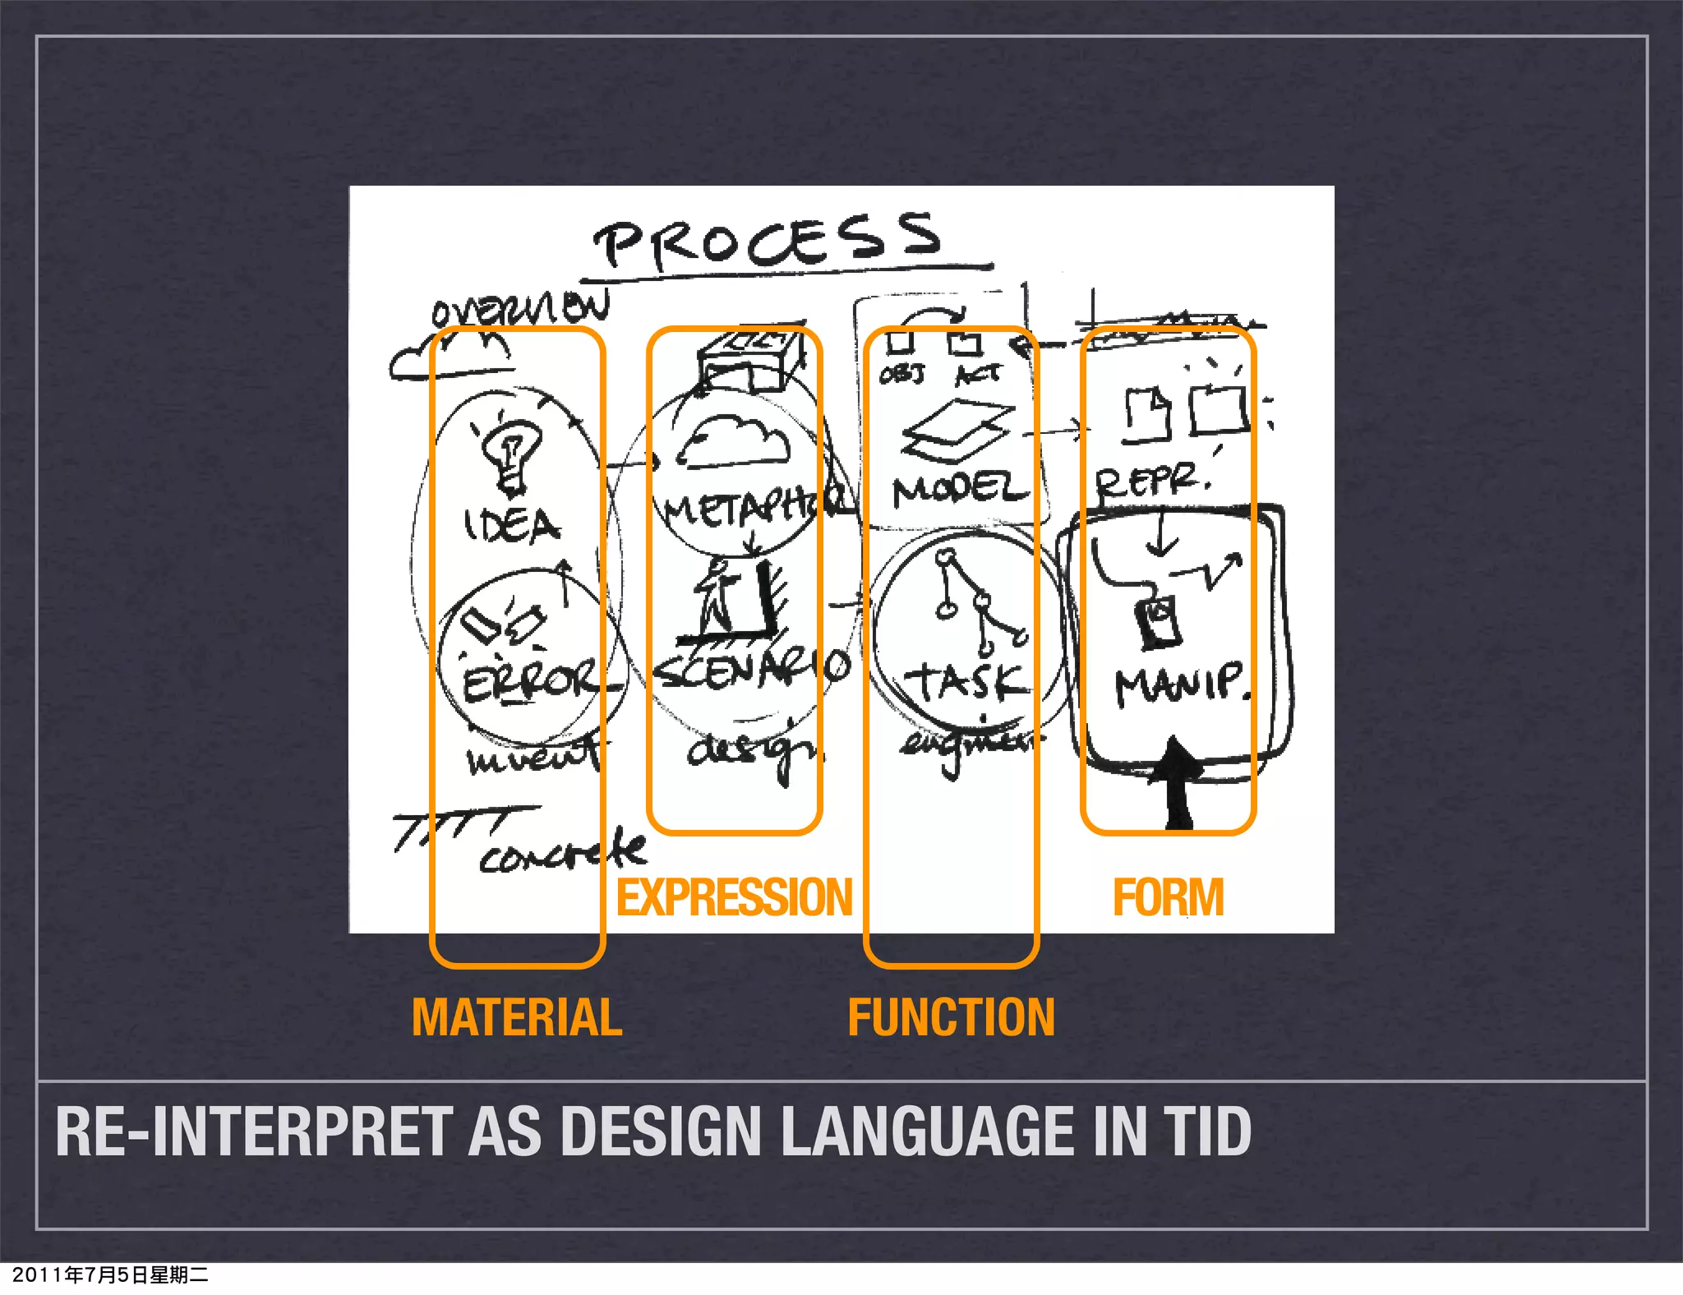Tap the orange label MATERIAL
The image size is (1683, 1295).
point(517,1017)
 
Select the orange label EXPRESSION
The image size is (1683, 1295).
point(735,897)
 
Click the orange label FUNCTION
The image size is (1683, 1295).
point(951,1017)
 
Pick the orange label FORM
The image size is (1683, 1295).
point(1168,897)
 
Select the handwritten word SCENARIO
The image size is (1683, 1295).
point(752,671)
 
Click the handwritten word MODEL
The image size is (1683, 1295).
point(960,490)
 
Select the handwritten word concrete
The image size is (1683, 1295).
point(564,853)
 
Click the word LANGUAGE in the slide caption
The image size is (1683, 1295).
point(927,1131)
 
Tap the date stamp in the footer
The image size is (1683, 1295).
point(110,1274)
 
